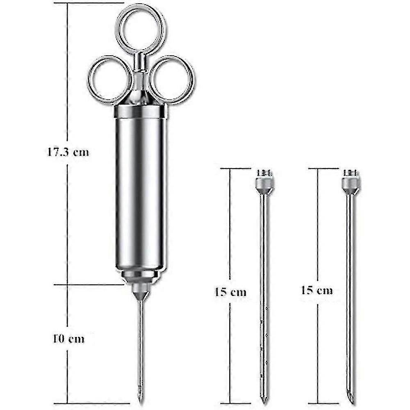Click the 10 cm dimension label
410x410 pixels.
(68, 339)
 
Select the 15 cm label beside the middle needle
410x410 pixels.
(230, 292)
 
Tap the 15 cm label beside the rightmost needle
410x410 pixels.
(317, 290)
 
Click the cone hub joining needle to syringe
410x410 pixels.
(141, 294)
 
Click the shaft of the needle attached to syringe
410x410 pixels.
(141, 348)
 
